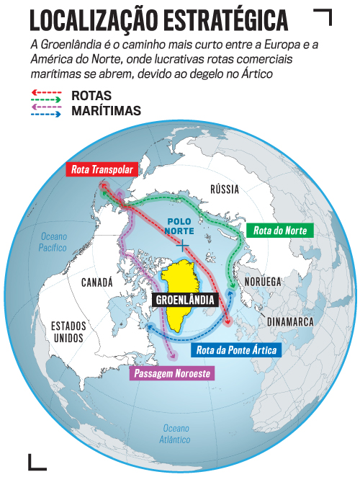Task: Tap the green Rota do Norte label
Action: pos(280,231)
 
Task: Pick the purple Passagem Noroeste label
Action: pos(171,375)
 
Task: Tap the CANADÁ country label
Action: pos(96,282)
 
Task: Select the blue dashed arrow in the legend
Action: pos(47,114)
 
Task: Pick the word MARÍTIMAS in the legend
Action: pos(106,111)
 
